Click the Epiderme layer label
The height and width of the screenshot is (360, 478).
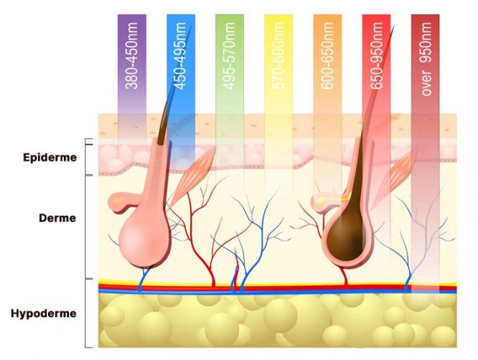pos(50,158)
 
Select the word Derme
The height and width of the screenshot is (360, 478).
pos(57,218)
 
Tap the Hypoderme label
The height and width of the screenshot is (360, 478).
pos(44,313)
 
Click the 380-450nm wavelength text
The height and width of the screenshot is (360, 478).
pos(131,55)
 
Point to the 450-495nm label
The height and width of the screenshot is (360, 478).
pos(180,56)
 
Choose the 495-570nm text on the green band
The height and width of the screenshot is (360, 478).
pos(229,56)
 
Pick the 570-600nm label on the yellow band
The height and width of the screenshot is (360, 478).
pos(278,56)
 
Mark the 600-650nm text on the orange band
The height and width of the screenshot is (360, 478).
pos(327,56)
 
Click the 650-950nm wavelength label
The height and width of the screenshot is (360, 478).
pos(376,56)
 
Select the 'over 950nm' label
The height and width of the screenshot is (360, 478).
pos(426,59)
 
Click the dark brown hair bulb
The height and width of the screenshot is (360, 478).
pos(346,235)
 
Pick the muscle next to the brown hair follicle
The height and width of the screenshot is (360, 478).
pos(396,176)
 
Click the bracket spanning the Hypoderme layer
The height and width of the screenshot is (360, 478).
pos(85,313)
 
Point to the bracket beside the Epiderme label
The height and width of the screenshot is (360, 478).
pos(85,157)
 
